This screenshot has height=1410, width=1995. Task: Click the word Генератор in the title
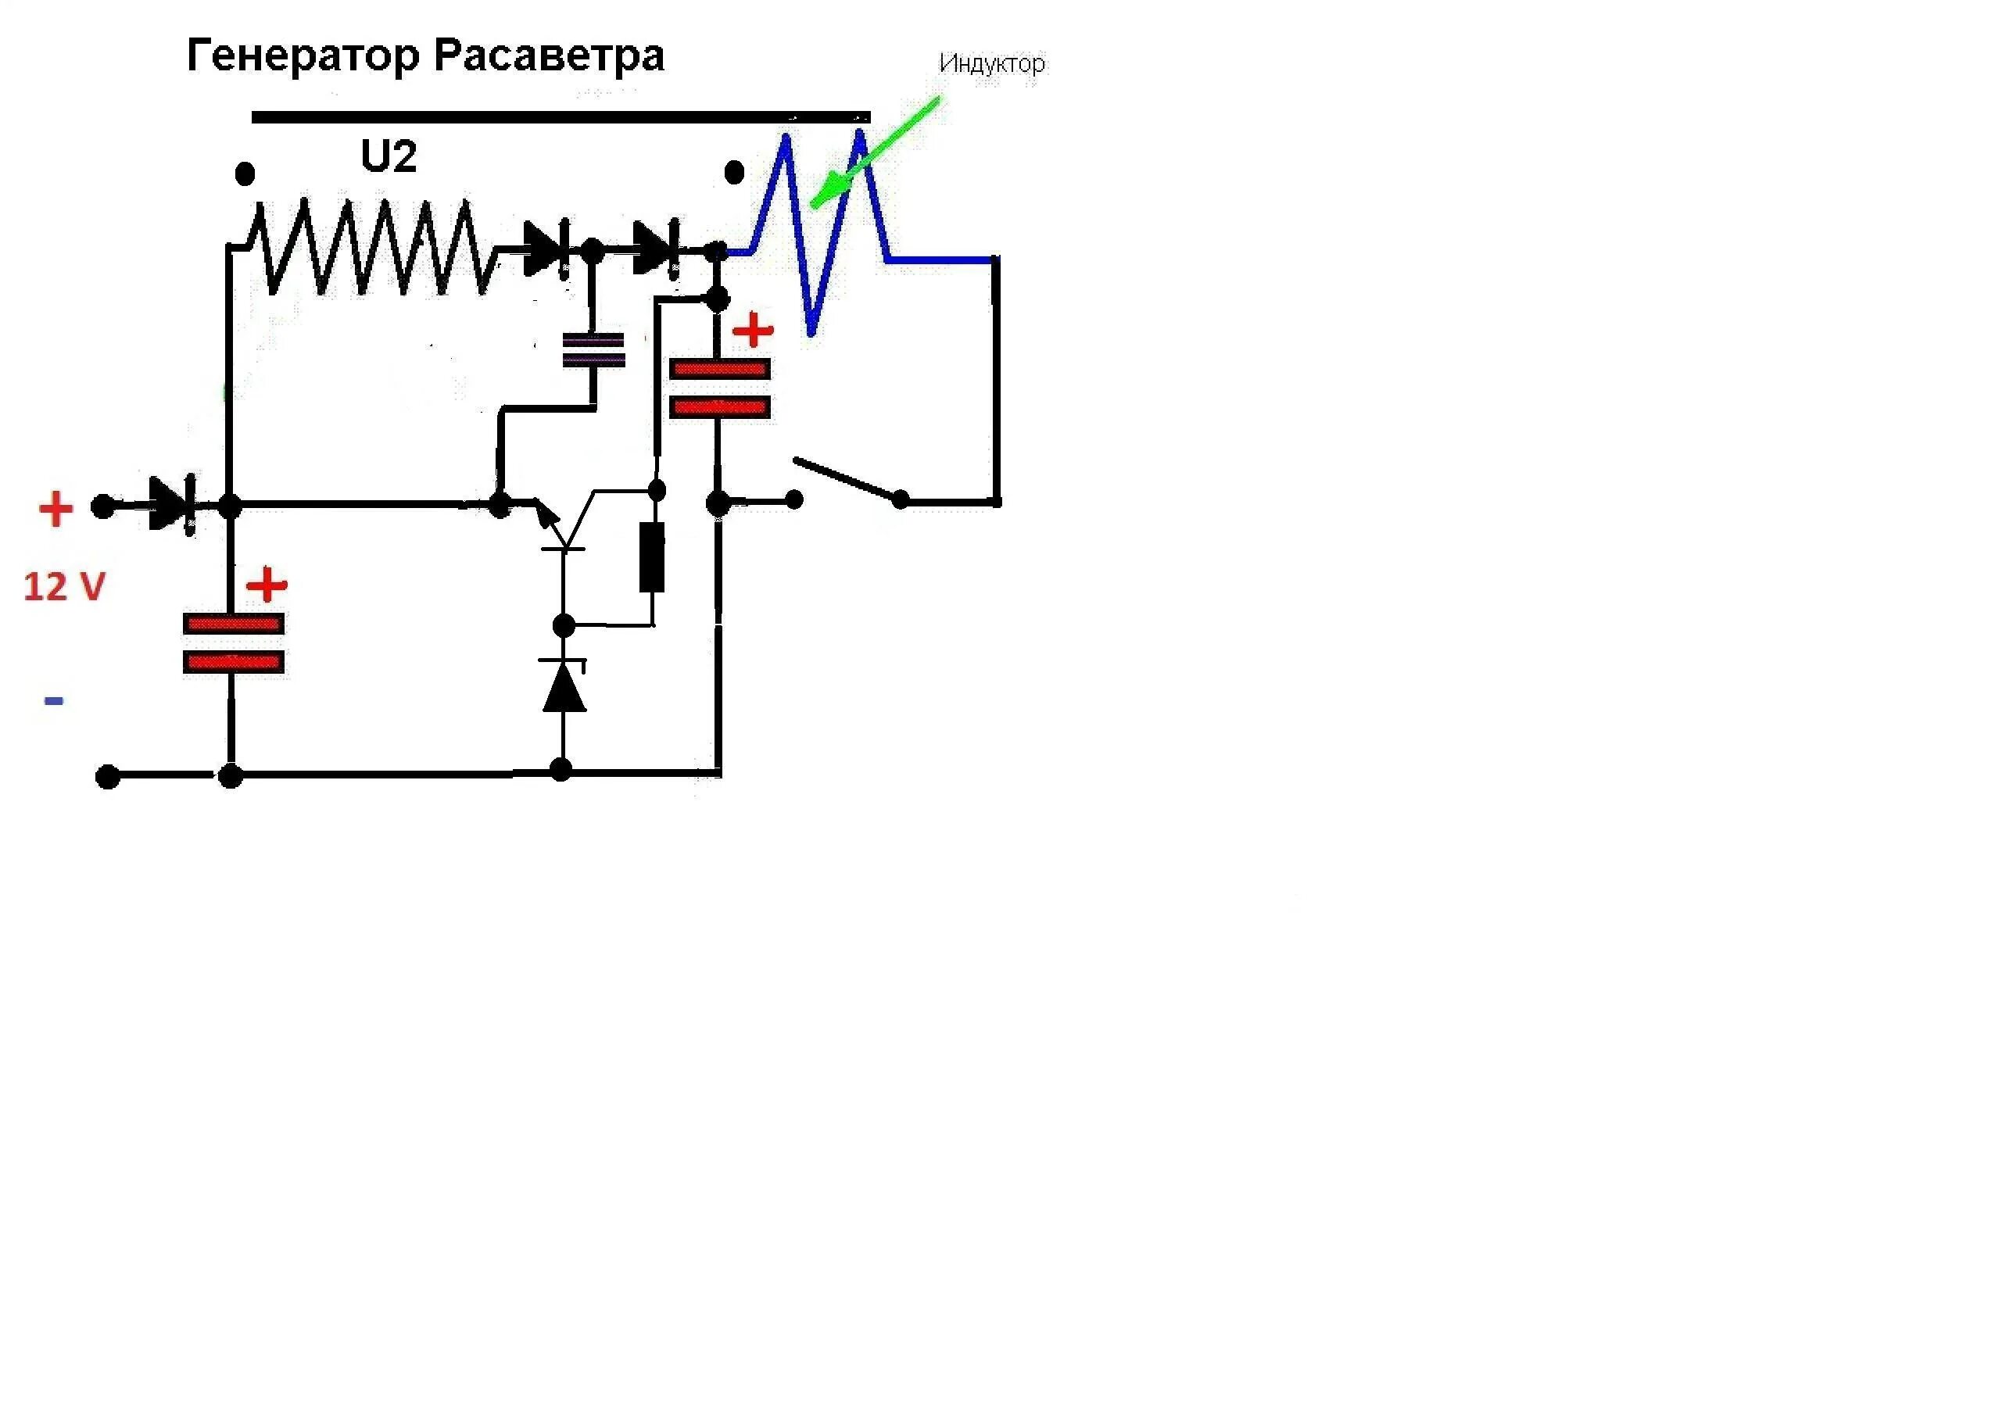(x=303, y=56)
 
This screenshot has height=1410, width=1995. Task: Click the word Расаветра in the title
(x=548, y=56)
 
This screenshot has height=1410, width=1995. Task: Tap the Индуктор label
(x=991, y=63)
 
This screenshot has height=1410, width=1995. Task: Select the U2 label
(x=389, y=157)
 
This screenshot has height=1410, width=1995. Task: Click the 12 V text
(x=64, y=587)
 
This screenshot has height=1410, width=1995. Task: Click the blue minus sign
(x=54, y=700)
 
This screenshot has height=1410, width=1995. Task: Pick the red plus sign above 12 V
(x=56, y=509)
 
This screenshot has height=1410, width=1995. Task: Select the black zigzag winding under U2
(x=374, y=248)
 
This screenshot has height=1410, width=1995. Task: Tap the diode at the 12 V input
(x=171, y=504)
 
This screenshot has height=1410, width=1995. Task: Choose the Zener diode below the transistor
(x=564, y=685)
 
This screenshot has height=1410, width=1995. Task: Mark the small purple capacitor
(x=593, y=350)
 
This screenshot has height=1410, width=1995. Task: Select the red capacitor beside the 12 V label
(x=233, y=643)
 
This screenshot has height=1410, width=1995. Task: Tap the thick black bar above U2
(x=561, y=117)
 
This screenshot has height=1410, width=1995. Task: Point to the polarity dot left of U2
(x=245, y=174)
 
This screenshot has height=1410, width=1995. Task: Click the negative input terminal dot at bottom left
(x=108, y=776)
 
